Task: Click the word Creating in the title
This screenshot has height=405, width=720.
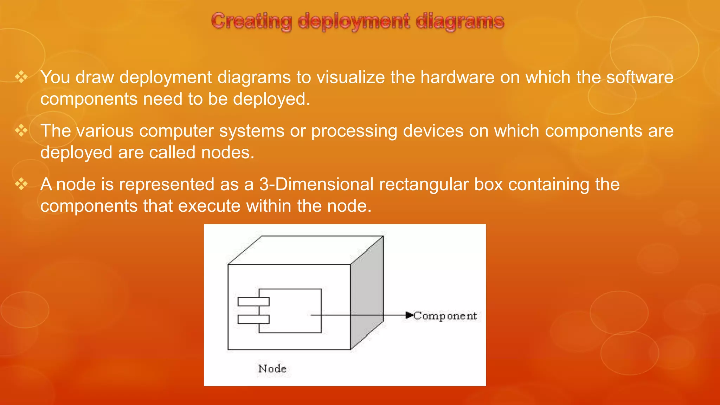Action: [251, 21]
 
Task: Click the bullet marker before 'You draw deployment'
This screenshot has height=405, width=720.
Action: [21, 77]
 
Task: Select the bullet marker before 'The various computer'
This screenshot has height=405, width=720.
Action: [21, 131]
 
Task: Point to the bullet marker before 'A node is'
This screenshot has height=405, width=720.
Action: [21, 184]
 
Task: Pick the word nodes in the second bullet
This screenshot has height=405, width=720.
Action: [227, 153]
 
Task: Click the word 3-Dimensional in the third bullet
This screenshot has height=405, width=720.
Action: [316, 184]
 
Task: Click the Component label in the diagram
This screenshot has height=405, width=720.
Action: [445, 316]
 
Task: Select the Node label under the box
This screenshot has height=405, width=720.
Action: [272, 368]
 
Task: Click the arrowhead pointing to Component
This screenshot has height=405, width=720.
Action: [409, 315]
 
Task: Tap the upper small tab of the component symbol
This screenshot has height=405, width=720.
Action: [253, 302]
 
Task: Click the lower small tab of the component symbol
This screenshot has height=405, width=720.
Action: [253, 319]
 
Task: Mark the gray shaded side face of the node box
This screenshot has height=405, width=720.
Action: [367, 295]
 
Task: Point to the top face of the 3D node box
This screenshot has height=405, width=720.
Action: [306, 250]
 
